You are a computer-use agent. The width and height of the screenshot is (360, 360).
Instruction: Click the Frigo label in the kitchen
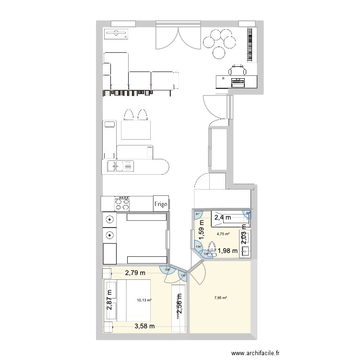click(161, 204)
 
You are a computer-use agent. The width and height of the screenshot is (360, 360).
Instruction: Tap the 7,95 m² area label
click(220, 298)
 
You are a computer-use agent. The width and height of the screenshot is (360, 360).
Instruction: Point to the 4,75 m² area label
click(223, 234)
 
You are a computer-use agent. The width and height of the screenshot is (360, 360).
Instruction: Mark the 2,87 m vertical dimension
click(109, 300)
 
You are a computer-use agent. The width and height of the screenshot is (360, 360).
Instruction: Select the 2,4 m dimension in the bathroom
click(222, 218)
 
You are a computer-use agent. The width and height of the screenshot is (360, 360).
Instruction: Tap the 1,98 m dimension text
click(228, 250)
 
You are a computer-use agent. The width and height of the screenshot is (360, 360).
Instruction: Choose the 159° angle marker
click(168, 270)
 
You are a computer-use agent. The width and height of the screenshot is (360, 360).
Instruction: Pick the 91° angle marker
click(197, 215)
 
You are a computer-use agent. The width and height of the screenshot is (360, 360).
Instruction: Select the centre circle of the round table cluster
click(219, 42)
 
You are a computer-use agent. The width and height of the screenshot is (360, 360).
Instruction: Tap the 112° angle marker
click(183, 275)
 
